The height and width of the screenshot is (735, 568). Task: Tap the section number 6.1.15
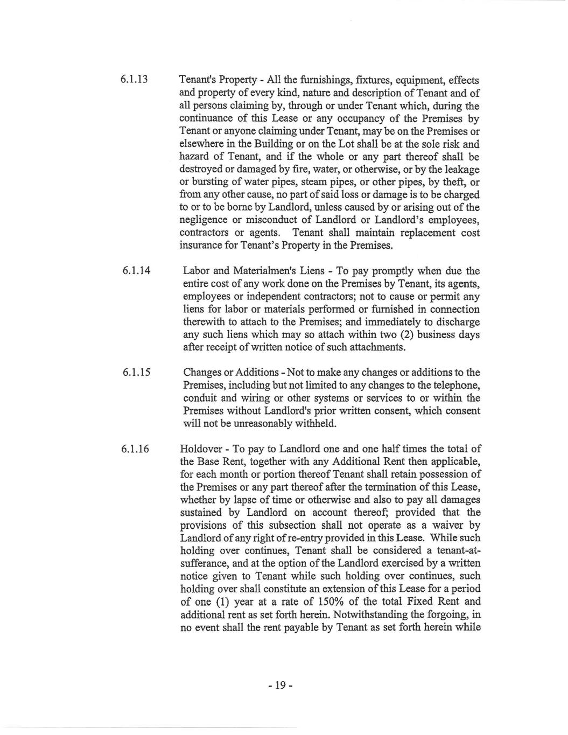[136, 373]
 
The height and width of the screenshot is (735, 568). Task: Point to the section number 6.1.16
[136, 449]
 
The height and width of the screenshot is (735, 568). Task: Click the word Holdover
[202, 449]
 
